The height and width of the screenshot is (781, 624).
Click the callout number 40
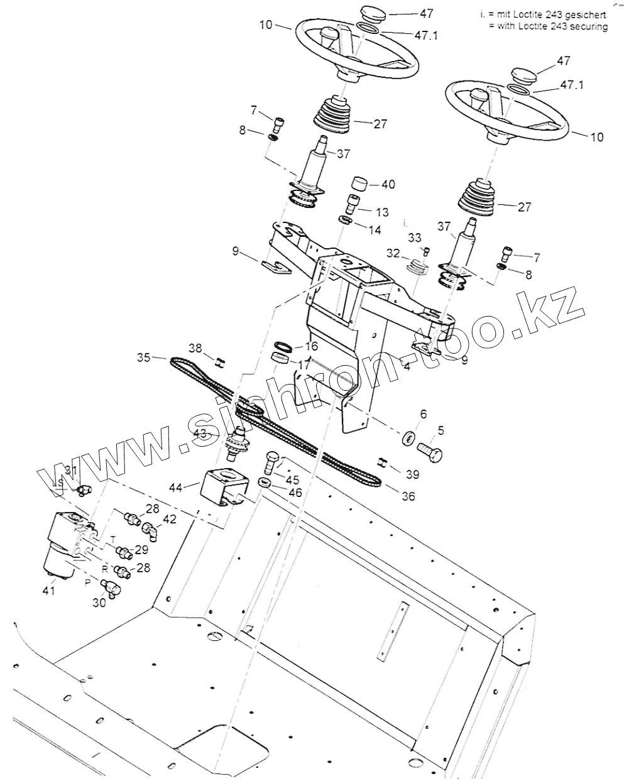[388, 185]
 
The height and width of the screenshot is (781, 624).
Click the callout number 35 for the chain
[144, 358]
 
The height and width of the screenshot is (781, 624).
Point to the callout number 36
[408, 496]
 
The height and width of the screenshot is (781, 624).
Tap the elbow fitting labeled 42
[150, 530]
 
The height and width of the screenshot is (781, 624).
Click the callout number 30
[99, 602]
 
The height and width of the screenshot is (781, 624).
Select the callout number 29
[141, 550]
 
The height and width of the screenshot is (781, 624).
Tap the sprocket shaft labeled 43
[238, 443]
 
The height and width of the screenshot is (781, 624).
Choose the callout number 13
[381, 212]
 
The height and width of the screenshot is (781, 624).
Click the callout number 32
[393, 253]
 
